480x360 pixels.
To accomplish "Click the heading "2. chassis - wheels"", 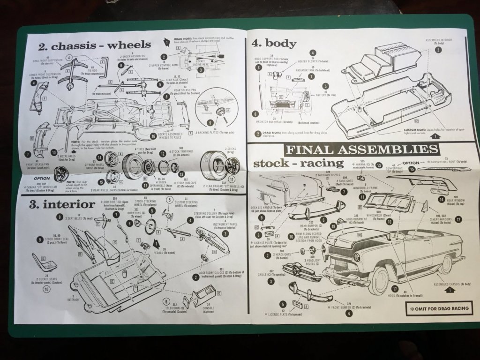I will [x=94, y=45].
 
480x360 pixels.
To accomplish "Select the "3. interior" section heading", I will [x=61, y=204].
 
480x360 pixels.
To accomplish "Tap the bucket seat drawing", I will [x=45, y=262].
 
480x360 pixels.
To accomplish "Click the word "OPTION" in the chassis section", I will [x=42, y=179].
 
